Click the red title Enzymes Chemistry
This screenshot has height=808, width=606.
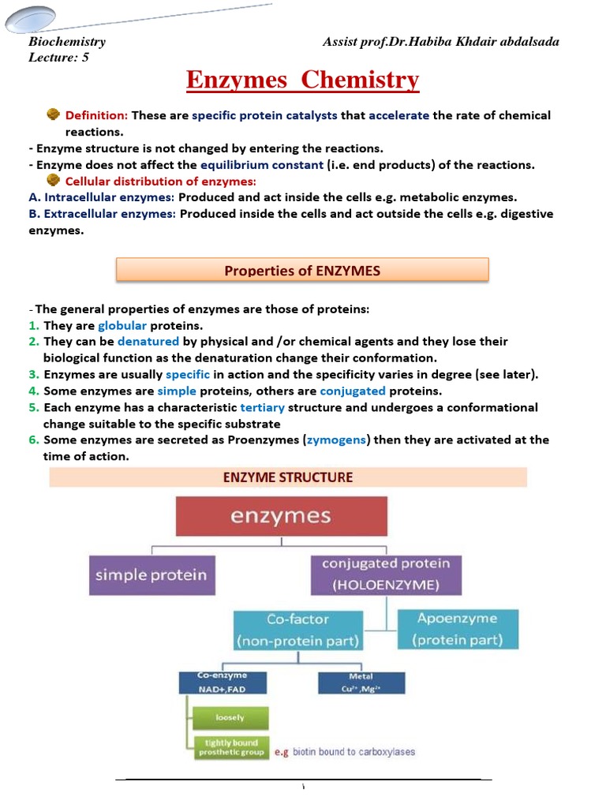click(x=302, y=80)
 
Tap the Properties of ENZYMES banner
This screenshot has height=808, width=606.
click(x=302, y=271)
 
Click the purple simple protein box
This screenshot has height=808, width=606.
click(x=151, y=574)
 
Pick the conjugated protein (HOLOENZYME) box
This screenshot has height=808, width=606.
click(x=386, y=574)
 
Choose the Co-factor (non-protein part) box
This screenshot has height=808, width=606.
click(x=297, y=630)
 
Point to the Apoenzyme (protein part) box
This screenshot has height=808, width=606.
click(x=458, y=630)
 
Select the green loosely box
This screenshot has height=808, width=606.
click(x=230, y=718)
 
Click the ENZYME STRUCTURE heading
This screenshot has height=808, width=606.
click(x=288, y=477)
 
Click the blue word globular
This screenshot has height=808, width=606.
click(x=122, y=326)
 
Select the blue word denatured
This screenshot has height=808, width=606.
click(x=148, y=342)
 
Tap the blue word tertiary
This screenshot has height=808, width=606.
click(x=262, y=408)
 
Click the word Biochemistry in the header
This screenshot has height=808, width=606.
click(x=67, y=42)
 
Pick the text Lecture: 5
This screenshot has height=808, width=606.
click(x=58, y=57)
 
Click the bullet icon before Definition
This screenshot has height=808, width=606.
click(x=54, y=114)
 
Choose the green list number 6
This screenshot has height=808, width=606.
click(x=34, y=440)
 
